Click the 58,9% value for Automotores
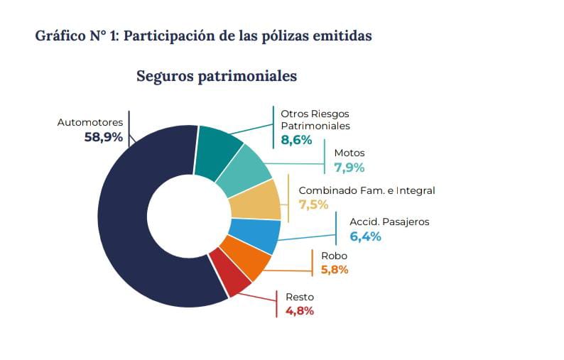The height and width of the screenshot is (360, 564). (104, 137)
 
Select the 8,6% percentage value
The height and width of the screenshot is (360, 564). (296, 140)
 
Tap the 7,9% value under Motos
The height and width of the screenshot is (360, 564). (349, 168)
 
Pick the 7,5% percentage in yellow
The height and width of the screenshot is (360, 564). (313, 204)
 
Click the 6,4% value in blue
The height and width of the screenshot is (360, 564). (366, 236)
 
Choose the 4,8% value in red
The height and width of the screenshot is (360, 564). (299, 310)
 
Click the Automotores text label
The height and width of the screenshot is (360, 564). (90, 122)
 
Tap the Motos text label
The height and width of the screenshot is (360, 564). (349, 153)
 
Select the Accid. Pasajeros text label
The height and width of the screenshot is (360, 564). (389, 222)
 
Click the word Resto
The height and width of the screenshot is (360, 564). (299, 297)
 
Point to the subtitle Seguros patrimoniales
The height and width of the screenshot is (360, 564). (216, 76)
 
